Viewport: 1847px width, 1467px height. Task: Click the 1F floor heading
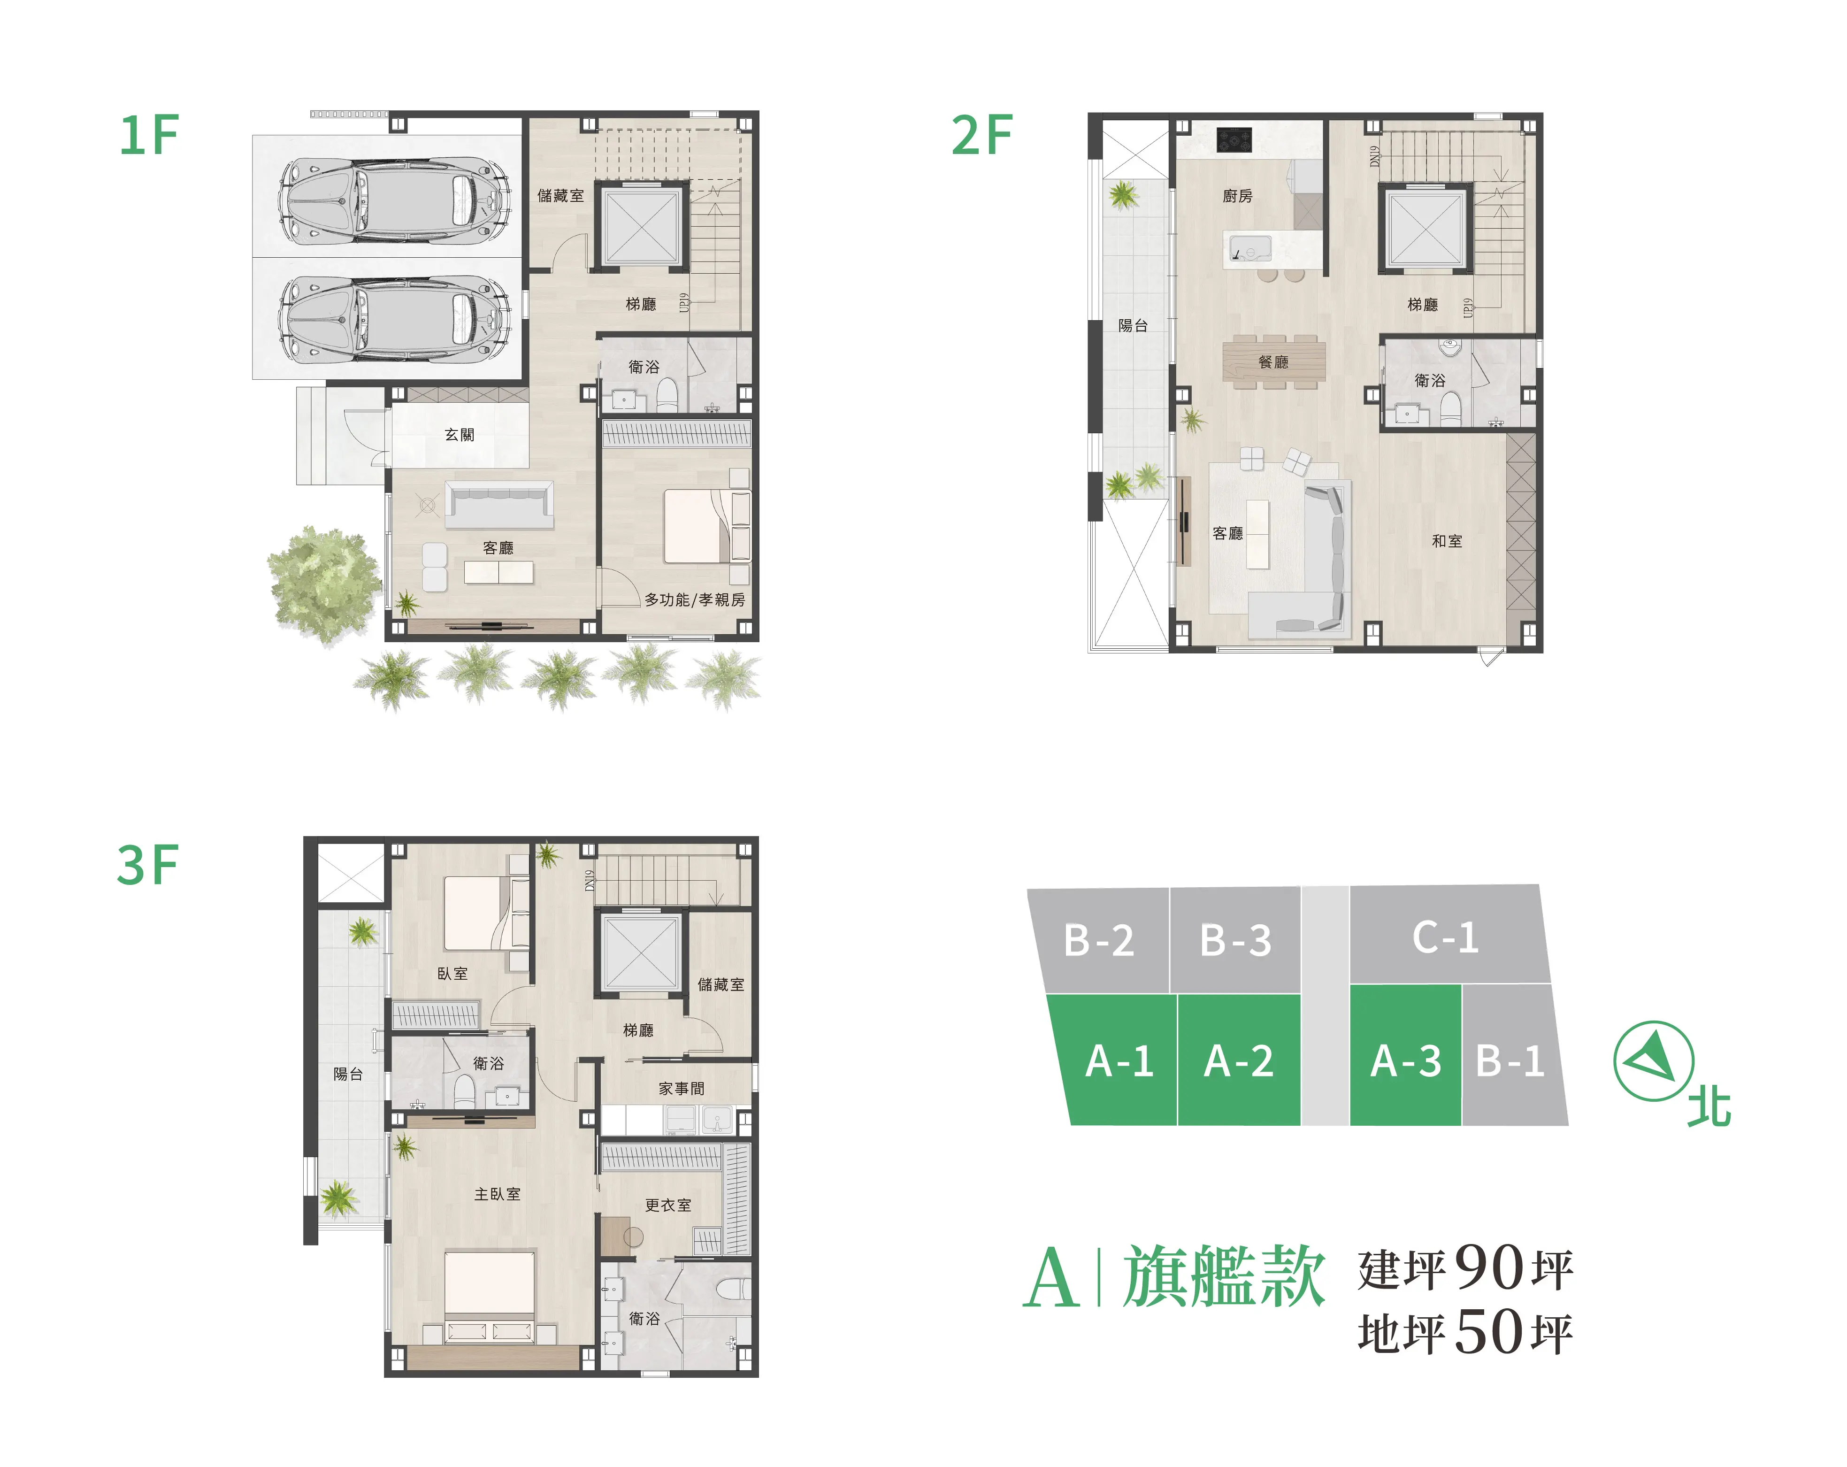click(149, 135)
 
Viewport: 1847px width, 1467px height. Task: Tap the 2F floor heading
click(982, 135)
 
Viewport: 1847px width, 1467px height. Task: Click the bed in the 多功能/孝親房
click(698, 525)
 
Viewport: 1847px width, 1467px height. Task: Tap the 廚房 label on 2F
click(1237, 196)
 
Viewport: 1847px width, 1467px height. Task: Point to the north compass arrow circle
click(1654, 1061)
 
